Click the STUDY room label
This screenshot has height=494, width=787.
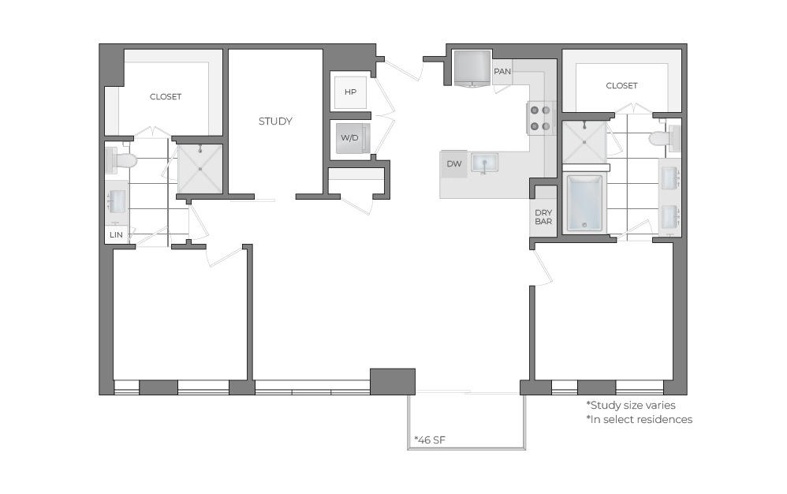275,122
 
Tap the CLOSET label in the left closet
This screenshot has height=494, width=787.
166,97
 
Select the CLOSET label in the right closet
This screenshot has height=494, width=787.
621,85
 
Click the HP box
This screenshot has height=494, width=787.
350,92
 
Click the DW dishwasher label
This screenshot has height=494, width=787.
453,164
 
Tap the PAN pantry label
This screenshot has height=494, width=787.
502,72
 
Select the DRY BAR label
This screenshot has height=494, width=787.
543,217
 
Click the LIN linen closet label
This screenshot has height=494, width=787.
116,235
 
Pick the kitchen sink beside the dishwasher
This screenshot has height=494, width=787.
482,163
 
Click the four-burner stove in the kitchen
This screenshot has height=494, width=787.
540,118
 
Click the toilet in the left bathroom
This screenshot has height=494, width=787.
120,160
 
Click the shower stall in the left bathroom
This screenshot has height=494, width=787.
200,168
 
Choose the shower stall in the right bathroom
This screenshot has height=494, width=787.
584,143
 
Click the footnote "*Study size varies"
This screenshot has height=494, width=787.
630,404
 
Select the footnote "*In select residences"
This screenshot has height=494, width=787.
639,419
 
